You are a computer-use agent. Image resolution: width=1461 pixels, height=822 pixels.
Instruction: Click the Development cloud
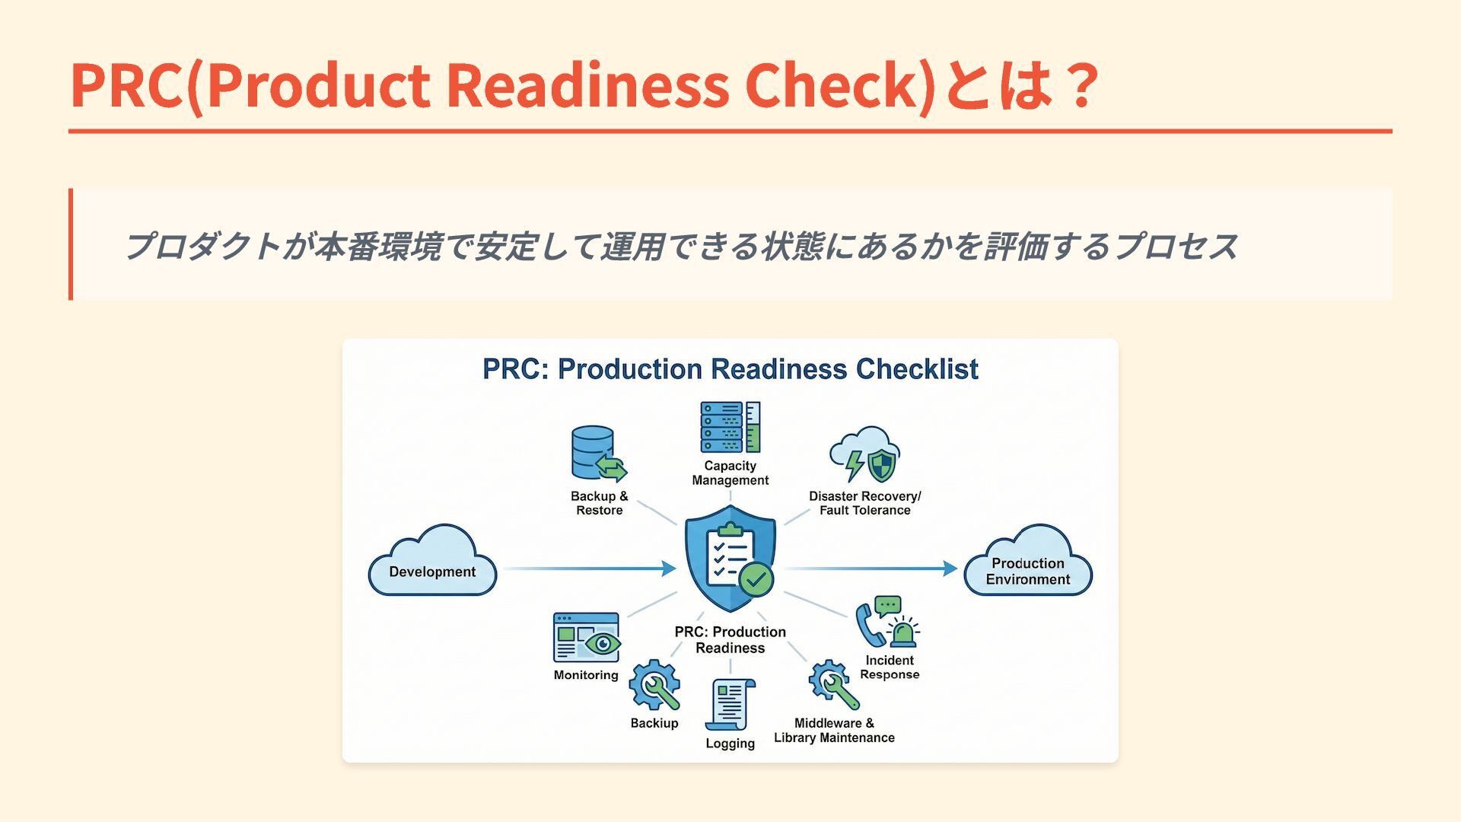click(x=432, y=562)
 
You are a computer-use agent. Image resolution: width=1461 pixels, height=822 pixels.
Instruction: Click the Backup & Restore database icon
click(x=597, y=454)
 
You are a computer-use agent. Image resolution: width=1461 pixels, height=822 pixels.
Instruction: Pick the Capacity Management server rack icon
click(x=730, y=427)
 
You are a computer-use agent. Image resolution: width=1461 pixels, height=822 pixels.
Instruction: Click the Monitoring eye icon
click(x=586, y=638)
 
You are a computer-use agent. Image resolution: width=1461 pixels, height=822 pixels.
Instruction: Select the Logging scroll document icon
click(x=730, y=705)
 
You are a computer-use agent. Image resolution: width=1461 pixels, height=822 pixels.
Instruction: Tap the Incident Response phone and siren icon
click(x=887, y=622)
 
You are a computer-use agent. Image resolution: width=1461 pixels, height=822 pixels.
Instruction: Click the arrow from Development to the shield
click(x=589, y=569)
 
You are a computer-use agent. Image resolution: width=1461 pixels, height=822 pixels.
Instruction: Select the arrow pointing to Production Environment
click(x=871, y=569)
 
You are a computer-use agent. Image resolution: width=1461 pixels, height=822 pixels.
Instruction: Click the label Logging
click(x=730, y=744)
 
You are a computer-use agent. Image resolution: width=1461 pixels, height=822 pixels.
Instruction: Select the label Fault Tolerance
click(x=864, y=511)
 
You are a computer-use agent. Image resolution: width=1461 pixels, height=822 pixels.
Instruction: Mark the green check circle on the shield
click(x=756, y=579)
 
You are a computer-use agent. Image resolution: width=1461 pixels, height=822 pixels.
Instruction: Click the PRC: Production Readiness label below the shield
click(x=730, y=640)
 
